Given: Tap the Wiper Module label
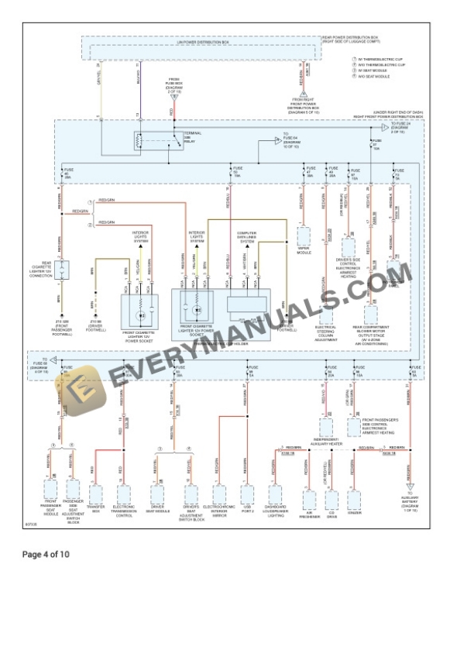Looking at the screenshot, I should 304,250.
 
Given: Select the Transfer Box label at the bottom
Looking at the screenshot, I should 96,509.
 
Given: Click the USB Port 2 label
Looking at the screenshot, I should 247,509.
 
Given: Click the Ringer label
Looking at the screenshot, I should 355,512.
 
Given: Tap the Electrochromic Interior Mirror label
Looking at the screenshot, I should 219,511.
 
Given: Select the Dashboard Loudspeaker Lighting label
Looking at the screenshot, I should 276,511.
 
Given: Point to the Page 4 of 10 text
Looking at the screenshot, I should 46,555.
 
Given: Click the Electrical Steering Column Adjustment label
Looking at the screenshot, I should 325,335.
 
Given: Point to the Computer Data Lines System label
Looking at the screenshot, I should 247,236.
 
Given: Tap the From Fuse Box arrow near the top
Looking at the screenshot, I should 173,95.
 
